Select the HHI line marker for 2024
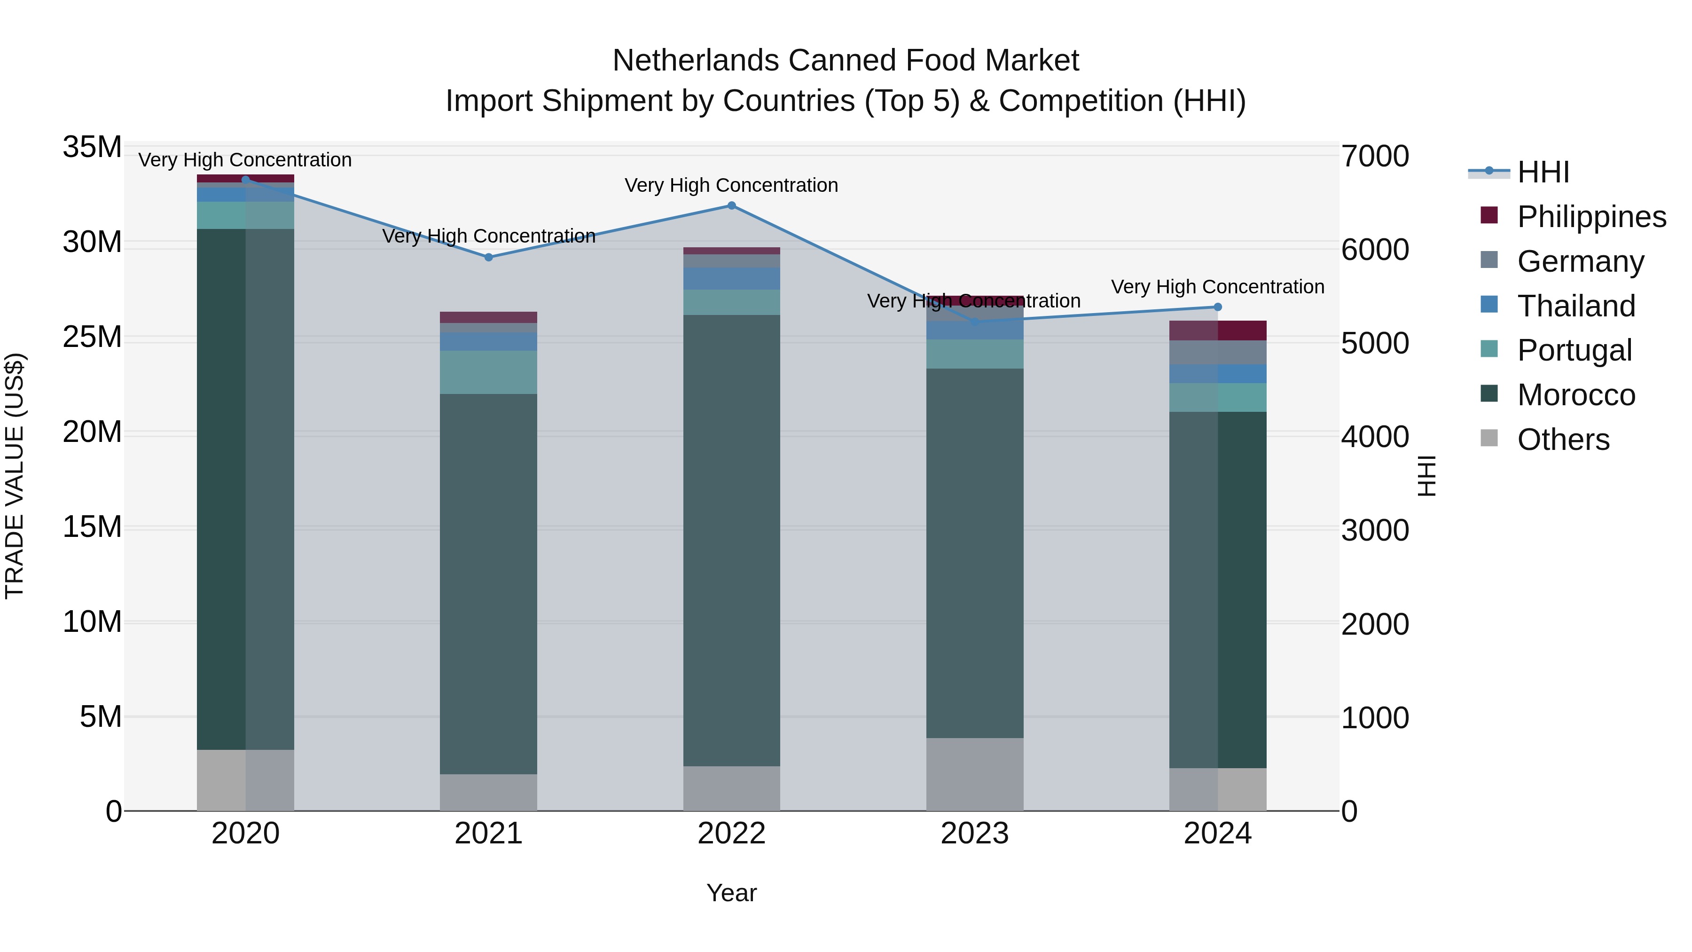coord(1217,307)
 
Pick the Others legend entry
coord(1563,440)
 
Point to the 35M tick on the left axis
coord(92,147)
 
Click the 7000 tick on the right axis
coord(1375,157)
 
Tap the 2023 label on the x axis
coord(974,834)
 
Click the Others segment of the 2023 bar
coord(974,774)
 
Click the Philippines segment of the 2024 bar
coord(1217,330)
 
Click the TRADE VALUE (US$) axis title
coord(15,476)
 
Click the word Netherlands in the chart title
coord(696,61)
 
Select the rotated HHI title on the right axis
coord(1426,476)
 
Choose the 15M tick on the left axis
coord(92,527)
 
